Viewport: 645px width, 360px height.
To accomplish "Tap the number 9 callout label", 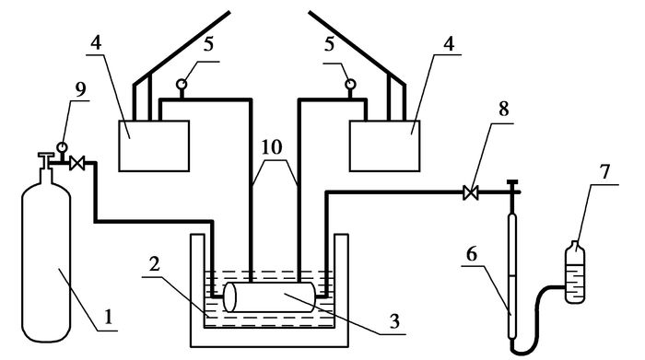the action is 81,90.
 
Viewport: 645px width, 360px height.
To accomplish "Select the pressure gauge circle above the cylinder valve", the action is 62,146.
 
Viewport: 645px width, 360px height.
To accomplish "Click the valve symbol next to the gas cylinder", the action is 76,164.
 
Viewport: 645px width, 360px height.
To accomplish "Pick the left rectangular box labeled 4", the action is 154,145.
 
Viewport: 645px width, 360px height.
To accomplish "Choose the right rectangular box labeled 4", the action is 384,145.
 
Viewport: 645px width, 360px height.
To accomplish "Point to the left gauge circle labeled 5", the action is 182,85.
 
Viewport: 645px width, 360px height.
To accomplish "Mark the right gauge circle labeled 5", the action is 350,85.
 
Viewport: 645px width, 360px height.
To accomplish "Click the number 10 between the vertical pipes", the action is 272,147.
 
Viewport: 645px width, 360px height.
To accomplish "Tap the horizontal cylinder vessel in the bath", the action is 270,297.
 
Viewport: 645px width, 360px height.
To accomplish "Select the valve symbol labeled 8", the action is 471,192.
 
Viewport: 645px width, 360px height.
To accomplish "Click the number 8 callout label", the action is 503,109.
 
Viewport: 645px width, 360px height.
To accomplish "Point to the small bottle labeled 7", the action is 575,273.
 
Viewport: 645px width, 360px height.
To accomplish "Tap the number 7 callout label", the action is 604,172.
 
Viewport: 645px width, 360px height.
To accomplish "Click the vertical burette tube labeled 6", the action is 512,275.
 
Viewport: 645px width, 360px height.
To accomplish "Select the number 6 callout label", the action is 472,254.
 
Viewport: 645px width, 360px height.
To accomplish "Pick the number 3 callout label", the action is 394,321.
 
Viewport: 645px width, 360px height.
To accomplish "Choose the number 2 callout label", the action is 154,264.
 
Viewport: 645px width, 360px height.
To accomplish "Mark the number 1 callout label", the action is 108,318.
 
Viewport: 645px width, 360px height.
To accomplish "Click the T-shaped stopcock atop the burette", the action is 512,192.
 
